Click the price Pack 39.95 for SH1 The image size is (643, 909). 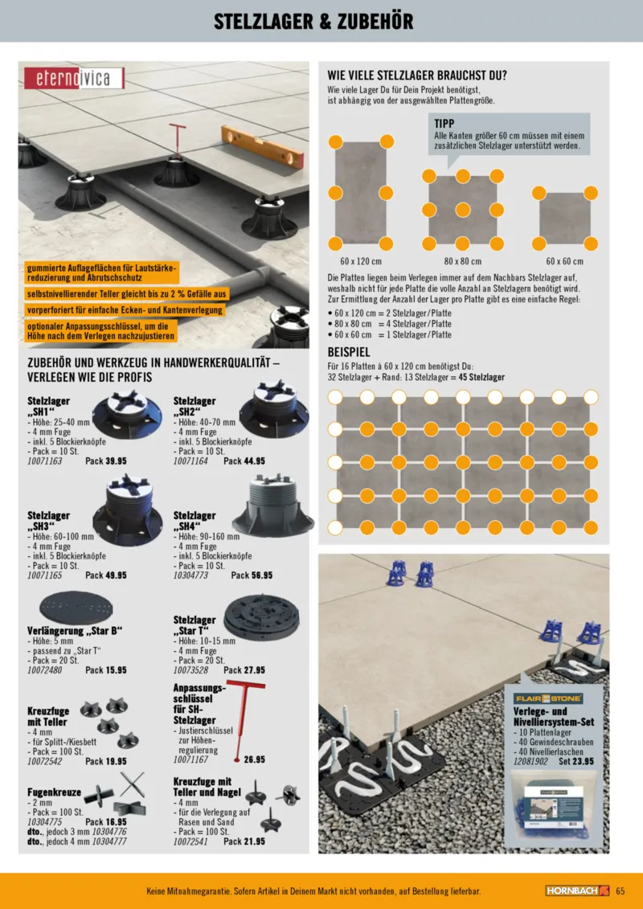point(105,461)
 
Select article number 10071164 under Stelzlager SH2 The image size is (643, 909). point(192,461)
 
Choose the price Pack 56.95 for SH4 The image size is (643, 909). point(252,575)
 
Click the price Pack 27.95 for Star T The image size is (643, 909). point(244,669)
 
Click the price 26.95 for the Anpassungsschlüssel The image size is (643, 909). point(254,759)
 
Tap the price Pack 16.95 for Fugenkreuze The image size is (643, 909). point(105,821)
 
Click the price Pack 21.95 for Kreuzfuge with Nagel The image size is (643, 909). point(244,841)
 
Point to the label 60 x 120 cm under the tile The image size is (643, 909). point(360,261)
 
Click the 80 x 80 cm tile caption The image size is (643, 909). point(462,261)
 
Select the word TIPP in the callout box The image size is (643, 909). point(444,123)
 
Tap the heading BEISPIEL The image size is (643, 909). point(349,353)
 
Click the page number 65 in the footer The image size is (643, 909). point(620,891)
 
